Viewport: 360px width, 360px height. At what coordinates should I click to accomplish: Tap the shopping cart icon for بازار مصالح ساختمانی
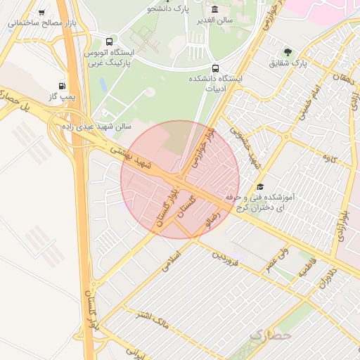click(42, 12)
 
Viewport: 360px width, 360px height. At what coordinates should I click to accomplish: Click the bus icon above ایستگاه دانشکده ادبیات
click(214, 68)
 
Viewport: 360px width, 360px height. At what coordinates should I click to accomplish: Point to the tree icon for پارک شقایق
click(288, 51)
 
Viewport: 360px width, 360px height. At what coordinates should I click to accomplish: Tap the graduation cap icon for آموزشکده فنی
click(260, 186)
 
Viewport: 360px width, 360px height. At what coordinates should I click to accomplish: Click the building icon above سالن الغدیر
click(214, 9)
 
